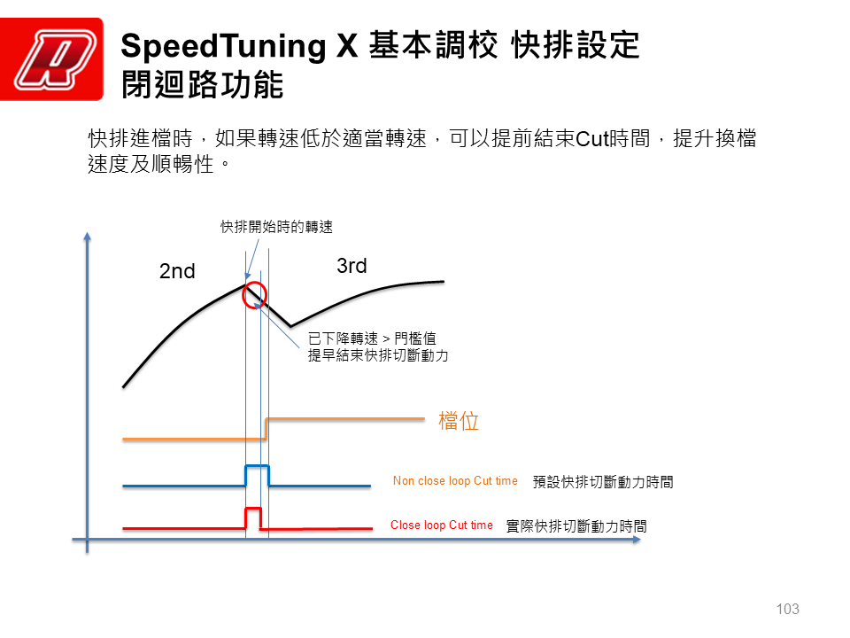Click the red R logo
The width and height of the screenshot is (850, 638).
point(51,59)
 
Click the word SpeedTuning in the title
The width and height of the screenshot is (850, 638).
point(223,45)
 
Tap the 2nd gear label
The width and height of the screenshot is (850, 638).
point(177,271)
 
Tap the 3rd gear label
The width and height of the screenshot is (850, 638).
point(352,266)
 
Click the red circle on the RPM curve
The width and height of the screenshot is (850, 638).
point(243,296)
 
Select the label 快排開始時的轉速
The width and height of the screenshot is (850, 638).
point(276,227)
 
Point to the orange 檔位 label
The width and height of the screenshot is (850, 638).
point(459,421)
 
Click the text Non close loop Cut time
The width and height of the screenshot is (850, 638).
point(455,480)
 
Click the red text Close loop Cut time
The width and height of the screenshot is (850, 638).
point(442,525)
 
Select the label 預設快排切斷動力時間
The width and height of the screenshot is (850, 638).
point(603,482)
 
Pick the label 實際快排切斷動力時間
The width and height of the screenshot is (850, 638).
point(576,526)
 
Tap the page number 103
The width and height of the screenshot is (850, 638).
point(788,610)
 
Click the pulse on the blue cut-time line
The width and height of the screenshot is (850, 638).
point(258,466)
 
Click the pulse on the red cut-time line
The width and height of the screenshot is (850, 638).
point(254,509)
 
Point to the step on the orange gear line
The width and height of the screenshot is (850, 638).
point(266,429)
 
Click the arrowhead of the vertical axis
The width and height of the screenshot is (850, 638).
point(88,236)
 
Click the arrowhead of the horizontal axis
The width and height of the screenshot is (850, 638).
point(637,540)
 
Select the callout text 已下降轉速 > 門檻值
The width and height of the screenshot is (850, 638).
point(372,338)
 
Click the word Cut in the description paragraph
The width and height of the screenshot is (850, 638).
point(592,139)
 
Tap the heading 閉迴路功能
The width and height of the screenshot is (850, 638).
point(202,85)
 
